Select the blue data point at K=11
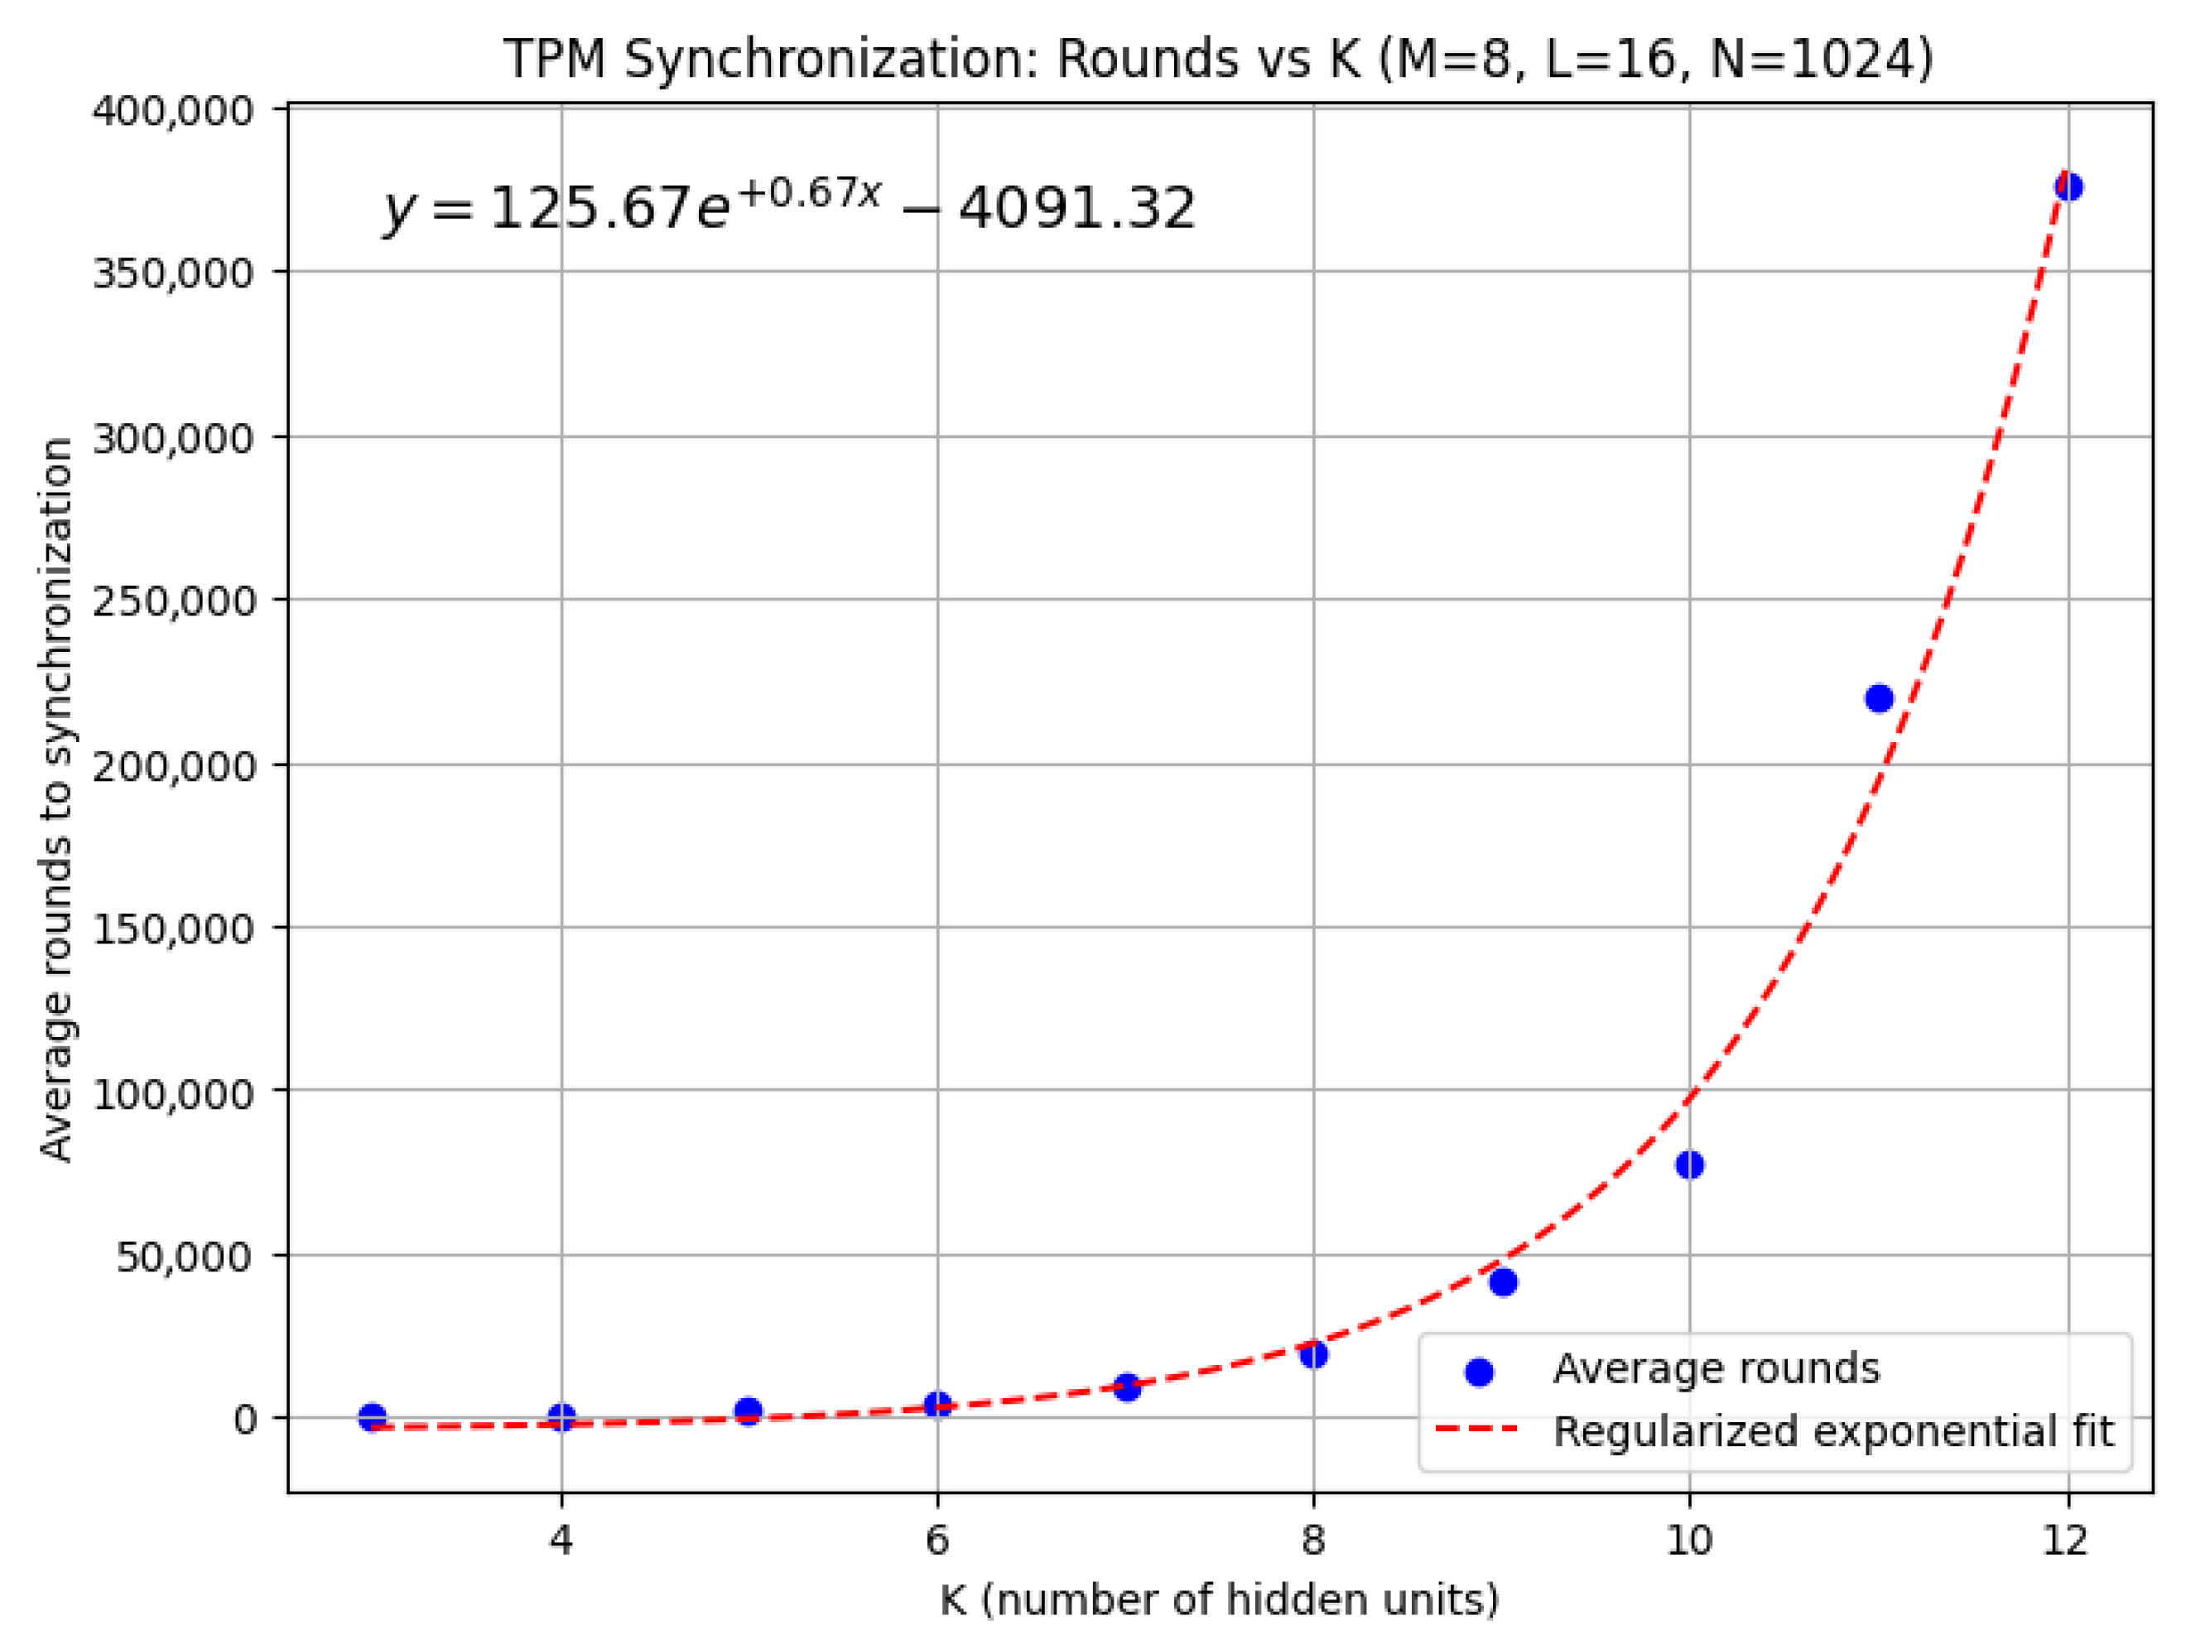[1879, 699]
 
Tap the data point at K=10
[1690, 1165]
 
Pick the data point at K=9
[1503, 1283]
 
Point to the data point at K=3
[373, 1417]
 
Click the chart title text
[1217, 60]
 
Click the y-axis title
[57, 798]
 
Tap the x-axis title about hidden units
[1220, 1599]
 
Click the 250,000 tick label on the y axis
[173, 600]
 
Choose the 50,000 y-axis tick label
[185, 1257]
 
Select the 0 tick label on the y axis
[244, 1420]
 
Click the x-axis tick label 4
[561, 1540]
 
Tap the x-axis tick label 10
[1689, 1540]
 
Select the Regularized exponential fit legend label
[1833, 1431]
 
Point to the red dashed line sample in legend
[1477, 1430]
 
